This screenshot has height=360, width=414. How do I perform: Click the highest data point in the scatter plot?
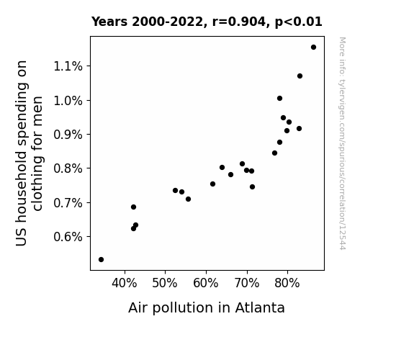click(x=313, y=48)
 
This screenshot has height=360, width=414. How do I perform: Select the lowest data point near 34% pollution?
click(x=101, y=260)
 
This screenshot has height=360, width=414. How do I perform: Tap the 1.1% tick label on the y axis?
click(x=68, y=66)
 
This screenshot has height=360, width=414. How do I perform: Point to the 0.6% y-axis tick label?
click(x=68, y=237)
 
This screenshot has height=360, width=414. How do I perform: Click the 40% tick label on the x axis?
click(x=125, y=283)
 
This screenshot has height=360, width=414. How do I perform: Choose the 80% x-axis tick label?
click(x=287, y=283)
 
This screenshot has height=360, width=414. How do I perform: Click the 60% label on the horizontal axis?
click(x=206, y=283)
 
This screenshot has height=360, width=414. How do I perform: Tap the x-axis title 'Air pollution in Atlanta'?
click(x=207, y=308)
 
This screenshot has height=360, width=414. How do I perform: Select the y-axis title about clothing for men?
click(x=29, y=153)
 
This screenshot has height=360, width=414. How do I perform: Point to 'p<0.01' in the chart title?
click(x=299, y=22)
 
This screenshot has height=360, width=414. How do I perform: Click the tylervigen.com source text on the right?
click(x=342, y=143)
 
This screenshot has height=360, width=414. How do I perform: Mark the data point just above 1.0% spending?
click(x=279, y=98)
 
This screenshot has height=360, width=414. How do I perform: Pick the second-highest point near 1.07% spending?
click(x=300, y=76)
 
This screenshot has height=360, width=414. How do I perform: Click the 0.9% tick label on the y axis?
click(x=68, y=135)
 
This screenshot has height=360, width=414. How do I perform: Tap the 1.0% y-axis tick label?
click(x=68, y=101)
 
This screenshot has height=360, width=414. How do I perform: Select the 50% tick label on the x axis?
click(x=165, y=283)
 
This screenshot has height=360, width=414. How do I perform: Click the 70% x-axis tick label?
click(x=247, y=283)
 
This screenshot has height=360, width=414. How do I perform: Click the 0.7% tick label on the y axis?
click(x=68, y=203)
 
